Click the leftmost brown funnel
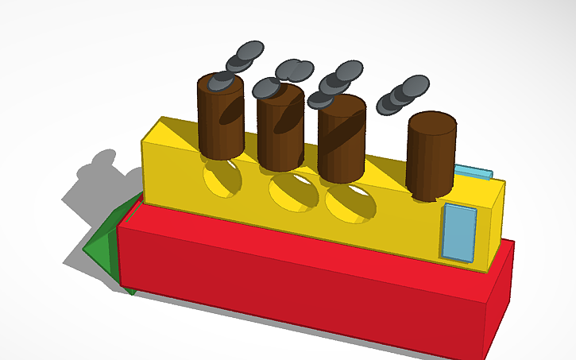point(220,119)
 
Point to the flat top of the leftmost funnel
point(220,81)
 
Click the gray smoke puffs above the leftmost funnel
point(238,59)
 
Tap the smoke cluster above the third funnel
point(335,84)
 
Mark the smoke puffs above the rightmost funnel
point(404,94)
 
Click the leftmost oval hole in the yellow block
point(222,178)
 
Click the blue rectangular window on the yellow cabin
point(458,232)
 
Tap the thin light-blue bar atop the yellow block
point(474,172)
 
